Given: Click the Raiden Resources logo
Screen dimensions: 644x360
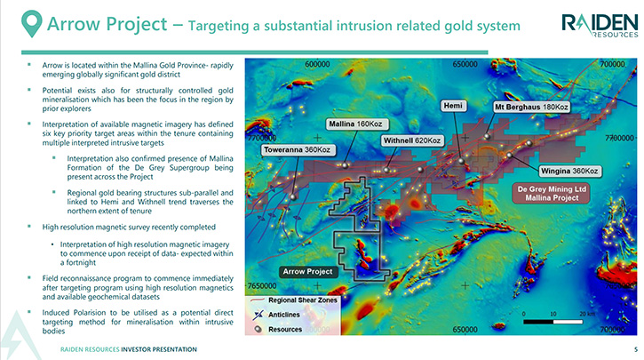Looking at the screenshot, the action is [600, 25].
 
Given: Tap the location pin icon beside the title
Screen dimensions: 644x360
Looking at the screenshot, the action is [32, 23].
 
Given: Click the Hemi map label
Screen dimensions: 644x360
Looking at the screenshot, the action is [453, 106].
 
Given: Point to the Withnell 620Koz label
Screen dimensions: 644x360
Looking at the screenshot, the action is [412, 140].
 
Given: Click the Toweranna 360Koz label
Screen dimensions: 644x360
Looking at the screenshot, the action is [297, 150].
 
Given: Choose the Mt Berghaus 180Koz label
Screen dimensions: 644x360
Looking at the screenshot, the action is [531, 107].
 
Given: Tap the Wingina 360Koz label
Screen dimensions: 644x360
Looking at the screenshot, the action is [569, 171].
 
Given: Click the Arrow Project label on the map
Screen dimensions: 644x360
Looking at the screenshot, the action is [307, 272].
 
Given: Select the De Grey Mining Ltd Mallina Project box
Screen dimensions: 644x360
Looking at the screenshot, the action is [552, 194].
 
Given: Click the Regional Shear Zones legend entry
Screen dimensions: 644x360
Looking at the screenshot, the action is [293, 300].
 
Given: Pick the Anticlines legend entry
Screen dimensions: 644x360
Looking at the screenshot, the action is [277, 315].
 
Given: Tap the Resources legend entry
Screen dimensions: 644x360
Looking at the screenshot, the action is [278, 329].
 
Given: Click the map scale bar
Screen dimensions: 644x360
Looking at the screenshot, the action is [553, 322].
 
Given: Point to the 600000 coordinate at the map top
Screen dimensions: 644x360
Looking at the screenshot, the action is [317, 64].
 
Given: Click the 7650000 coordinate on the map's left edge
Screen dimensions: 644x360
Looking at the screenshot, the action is [262, 285].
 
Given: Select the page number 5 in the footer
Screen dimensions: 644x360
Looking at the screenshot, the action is [636, 349].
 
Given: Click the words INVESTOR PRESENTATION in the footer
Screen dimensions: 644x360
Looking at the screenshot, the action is [159, 349].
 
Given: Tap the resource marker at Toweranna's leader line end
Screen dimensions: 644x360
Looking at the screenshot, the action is [293, 197].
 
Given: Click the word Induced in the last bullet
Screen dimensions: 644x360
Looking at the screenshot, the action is [56, 313].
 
